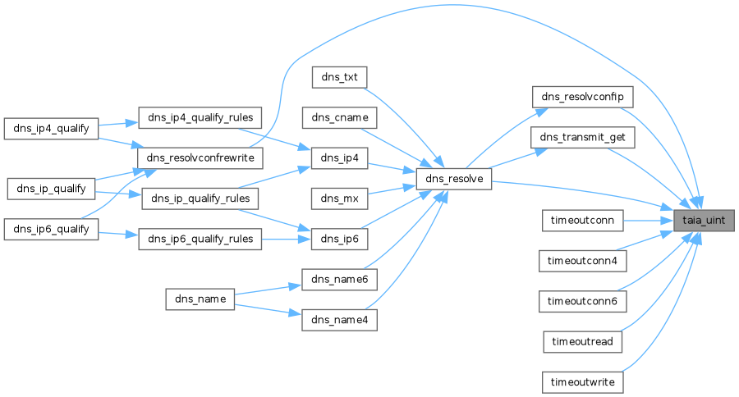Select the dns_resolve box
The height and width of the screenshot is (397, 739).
[x=453, y=179]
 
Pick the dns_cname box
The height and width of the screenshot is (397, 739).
[x=338, y=117]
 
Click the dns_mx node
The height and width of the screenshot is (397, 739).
[x=338, y=198]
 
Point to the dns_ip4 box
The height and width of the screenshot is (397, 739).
[x=338, y=157]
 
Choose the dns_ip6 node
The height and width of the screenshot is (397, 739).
[x=338, y=239]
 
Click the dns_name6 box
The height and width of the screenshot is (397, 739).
[x=338, y=280]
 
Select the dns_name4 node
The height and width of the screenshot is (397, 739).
[x=338, y=320]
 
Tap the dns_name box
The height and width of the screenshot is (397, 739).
[x=200, y=299]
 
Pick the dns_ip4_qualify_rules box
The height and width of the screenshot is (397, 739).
[x=200, y=117]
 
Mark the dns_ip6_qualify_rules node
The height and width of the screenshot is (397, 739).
[x=200, y=239]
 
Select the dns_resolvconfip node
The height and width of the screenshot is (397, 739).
[x=582, y=97]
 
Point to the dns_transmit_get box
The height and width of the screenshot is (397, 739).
[x=582, y=137]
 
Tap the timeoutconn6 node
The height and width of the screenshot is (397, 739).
[x=582, y=301]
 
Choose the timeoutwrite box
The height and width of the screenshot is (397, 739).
[x=582, y=382]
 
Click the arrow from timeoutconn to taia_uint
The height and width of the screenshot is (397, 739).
[x=649, y=220]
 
